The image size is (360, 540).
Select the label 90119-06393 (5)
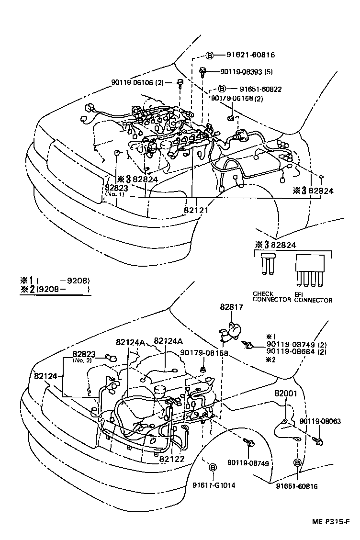(x=253, y=72)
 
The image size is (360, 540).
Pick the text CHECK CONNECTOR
(x=271, y=297)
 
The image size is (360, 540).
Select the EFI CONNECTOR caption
(x=313, y=297)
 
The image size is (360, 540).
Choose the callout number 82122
(x=172, y=458)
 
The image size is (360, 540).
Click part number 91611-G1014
(x=214, y=484)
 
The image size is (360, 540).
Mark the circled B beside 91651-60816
(x=297, y=462)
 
